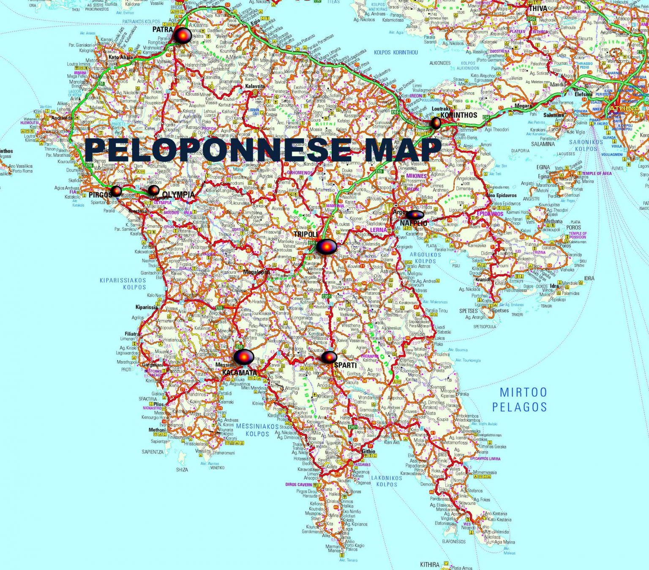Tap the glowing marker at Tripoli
pyautogui.click(x=327, y=246)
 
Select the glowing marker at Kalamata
pyautogui.click(x=244, y=357)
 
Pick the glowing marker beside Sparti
pyautogui.click(x=329, y=357)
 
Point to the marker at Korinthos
pyautogui.click(x=436, y=123)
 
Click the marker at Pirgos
pyautogui.click(x=116, y=191)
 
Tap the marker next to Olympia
pyautogui.click(x=154, y=190)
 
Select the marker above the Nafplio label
pyautogui.click(x=415, y=215)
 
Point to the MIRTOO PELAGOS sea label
pyautogui.click(x=523, y=399)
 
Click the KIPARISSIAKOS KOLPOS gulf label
pyautogui.click(x=123, y=284)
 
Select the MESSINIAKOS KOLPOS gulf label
pyautogui.click(x=257, y=430)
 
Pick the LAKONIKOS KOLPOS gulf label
pyautogui.click(x=387, y=481)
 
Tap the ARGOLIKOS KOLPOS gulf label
pyautogui.click(x=425, y=258)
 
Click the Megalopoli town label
pyautogui.click(x=256, y=272)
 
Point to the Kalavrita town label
pyautogui.click(x=255, y=86)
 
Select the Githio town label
pyautogui.click(x=368, y=451)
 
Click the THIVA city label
pyautogui.click(x=538, y=8)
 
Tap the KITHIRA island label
pyautogui.click(x=430, y=565)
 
